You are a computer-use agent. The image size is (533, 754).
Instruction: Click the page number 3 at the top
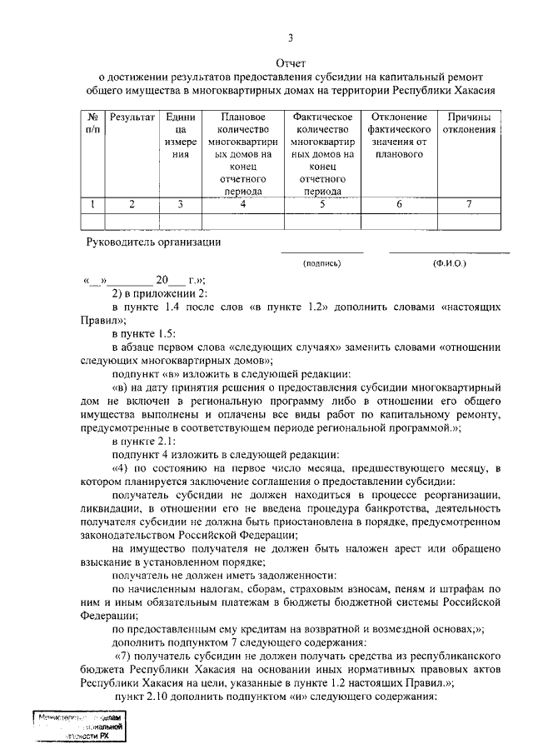click(x=291, y=37)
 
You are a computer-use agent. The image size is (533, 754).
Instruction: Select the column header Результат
click(x=132, y=117)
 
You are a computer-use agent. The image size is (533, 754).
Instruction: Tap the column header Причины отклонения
click(x=470, y=123)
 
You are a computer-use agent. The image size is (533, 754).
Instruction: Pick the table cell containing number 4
click(x=243, y=203)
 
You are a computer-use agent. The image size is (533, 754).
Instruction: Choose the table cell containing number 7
click(x=470, y=203)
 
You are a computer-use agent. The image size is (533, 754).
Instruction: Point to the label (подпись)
click(x=322, y=263)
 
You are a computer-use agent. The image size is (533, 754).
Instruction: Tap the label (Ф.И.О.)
click(x=450, y=263)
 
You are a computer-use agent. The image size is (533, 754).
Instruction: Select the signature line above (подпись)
click(x=321, y=252)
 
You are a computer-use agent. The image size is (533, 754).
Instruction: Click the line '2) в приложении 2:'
click(x=153, y=292)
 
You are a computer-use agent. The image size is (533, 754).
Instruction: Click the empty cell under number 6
click(x=399, y=220)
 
